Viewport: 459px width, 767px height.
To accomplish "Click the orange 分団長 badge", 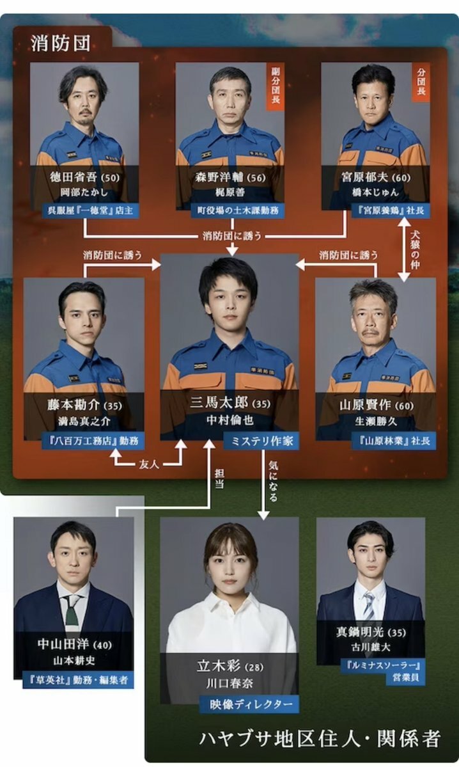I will click(421, 82).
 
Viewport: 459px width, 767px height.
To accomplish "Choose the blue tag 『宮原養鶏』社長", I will click(390, 210).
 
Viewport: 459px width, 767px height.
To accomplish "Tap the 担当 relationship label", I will click(219, 481).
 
